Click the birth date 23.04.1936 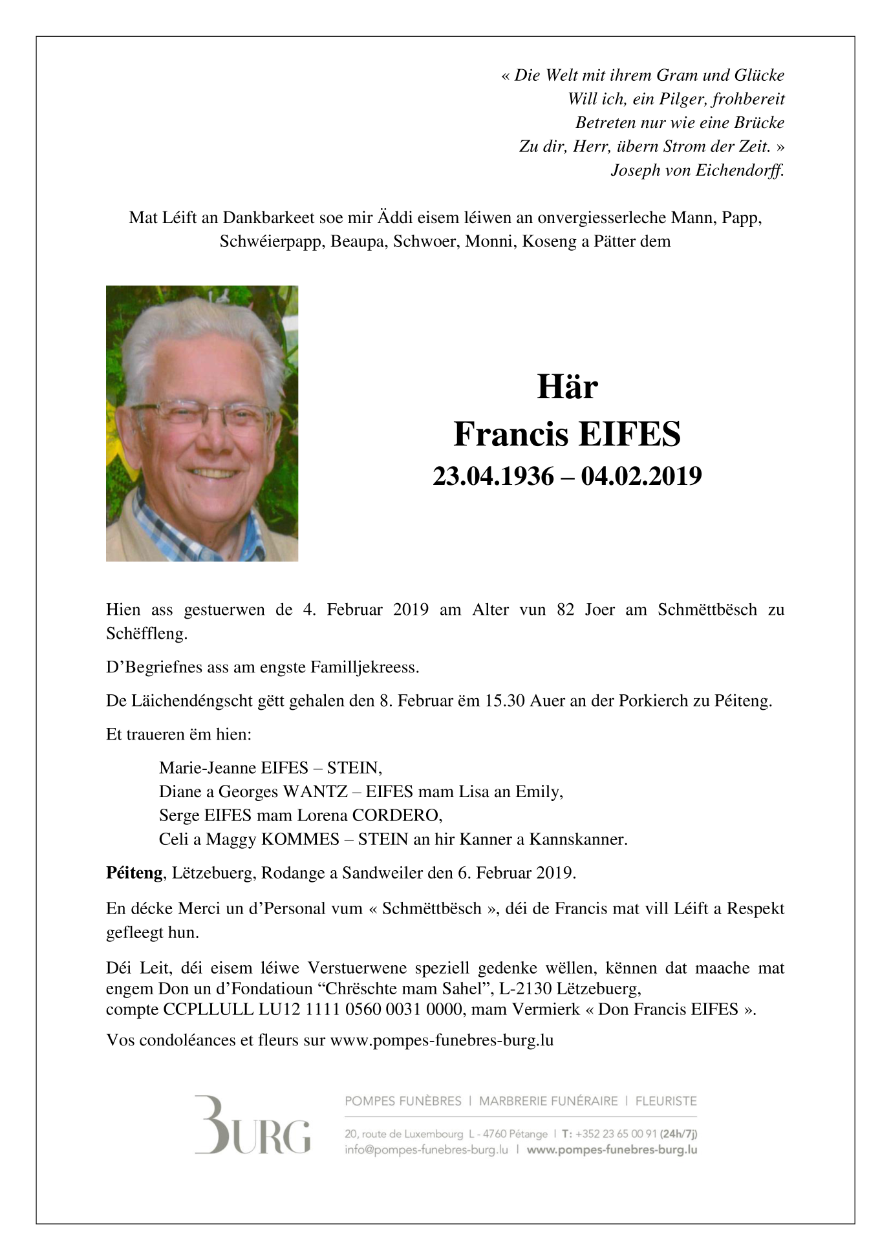[x=493, y=476]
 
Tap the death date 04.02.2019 [x=641, y=476]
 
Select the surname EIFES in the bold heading [x=629, y=434]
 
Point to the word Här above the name [x=567, y=387]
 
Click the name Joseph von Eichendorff [x=697, y=171]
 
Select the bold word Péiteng [x=134, y=873]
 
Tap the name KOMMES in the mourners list [x=300, y=839]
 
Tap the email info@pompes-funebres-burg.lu [x=426, y=1150]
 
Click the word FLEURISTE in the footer [x=666, y=1101]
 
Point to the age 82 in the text [x=566, y=610]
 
